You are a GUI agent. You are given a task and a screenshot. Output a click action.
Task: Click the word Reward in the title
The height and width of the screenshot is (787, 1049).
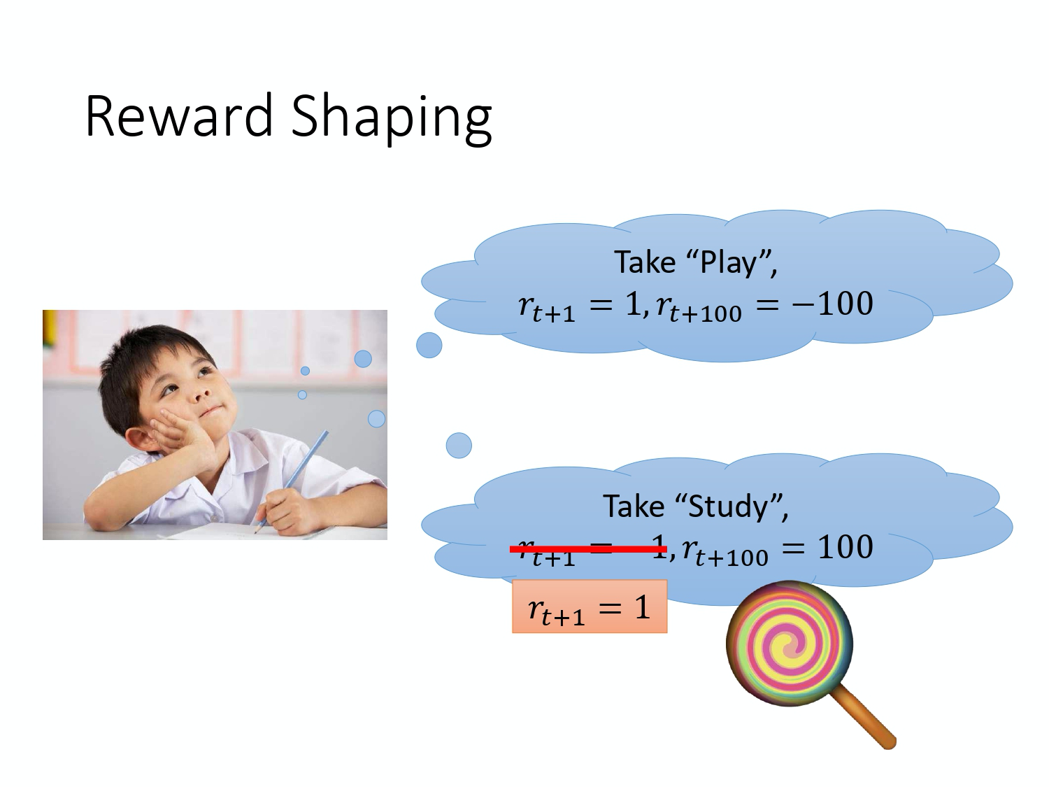(x=179, y=115)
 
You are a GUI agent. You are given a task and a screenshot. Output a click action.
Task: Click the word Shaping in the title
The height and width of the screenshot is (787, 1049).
(x=391, y=118)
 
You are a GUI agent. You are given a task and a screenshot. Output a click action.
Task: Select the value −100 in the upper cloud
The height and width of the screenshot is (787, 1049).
(x=832, y=304)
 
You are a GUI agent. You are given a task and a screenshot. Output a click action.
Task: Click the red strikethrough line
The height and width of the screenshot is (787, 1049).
(x=588, y=549)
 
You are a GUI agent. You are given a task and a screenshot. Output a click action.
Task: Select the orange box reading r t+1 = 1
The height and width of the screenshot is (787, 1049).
(x=590, y=607)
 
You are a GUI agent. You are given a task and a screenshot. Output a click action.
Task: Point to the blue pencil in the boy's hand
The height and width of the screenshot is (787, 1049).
(x=301, y=469)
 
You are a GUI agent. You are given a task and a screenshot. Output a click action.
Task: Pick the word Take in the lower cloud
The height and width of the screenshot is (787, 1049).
(x=634, y=506)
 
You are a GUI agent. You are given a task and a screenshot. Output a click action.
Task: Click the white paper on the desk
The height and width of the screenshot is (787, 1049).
(x=210, y=532)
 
